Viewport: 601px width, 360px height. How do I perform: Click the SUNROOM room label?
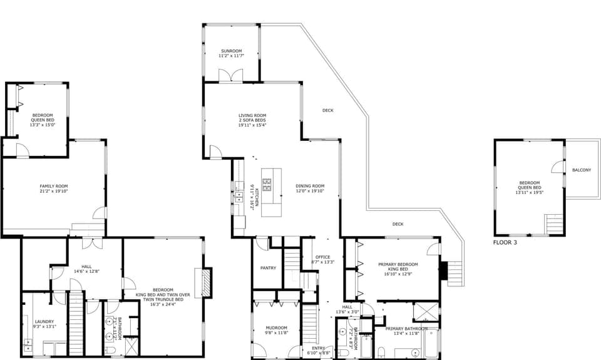click(231, 51)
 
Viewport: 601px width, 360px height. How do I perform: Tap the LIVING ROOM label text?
click(252, 115)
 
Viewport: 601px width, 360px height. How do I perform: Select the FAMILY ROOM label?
click(53, 186)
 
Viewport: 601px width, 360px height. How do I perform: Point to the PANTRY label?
click(269, 268)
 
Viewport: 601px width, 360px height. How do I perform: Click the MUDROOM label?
click(275, 327)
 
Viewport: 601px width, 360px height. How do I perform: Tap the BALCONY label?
click(581, 170)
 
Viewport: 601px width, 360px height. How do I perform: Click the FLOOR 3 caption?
click(505, 242)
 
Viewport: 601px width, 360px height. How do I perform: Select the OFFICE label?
click(322, 257)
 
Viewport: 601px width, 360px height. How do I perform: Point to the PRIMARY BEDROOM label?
click(398, 264)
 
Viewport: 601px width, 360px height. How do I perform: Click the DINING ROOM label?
click(310, 186)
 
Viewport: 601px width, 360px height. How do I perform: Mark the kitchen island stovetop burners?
click(267, 184)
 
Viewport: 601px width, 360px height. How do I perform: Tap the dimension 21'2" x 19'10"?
click(53, 192)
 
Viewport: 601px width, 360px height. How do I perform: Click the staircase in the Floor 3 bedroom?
click(554, 224)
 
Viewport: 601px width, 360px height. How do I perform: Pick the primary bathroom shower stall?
click(426, 312)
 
